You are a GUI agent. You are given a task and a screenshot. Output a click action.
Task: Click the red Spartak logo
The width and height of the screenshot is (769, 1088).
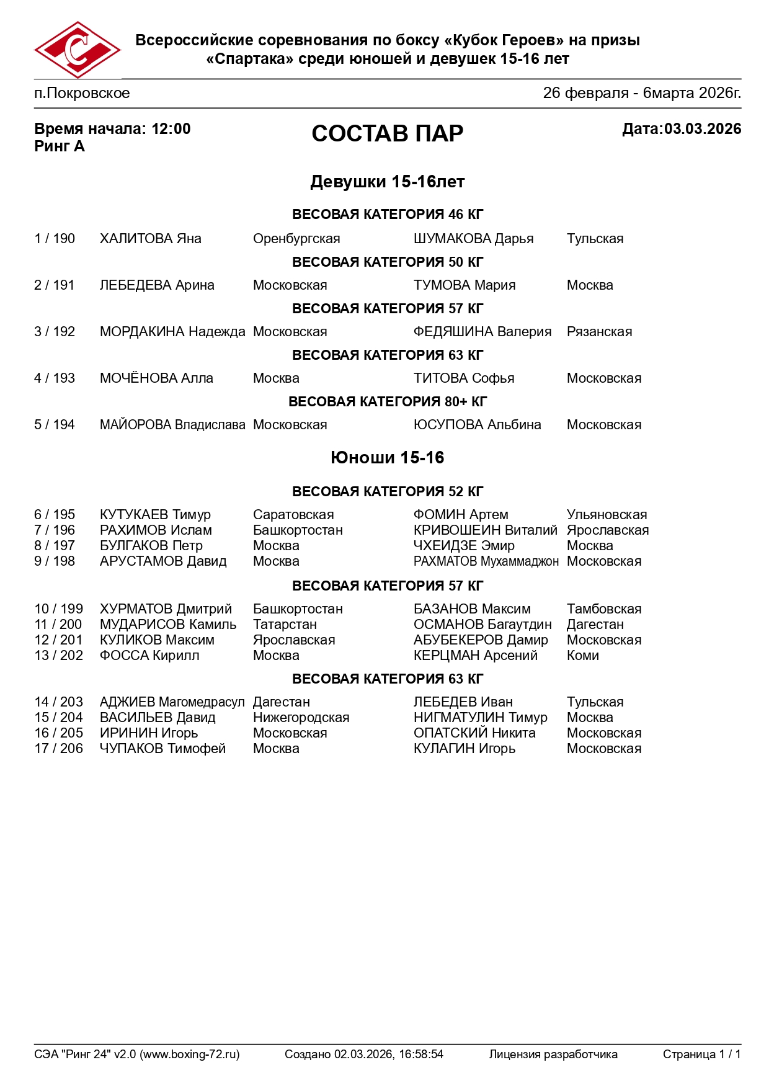point(77,50)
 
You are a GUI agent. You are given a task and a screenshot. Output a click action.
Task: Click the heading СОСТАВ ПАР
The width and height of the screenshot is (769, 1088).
point(387,133)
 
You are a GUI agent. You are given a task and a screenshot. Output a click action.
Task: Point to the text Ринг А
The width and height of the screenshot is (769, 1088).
point(60,146)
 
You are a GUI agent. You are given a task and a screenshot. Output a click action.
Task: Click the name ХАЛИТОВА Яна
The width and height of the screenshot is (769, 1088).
point(150,239)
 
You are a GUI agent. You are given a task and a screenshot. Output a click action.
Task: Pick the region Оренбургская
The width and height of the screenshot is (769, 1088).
point(296,239)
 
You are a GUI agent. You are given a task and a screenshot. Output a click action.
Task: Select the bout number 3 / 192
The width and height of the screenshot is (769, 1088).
point(55,332)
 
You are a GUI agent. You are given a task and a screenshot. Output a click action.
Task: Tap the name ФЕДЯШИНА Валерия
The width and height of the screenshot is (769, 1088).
point(482,332)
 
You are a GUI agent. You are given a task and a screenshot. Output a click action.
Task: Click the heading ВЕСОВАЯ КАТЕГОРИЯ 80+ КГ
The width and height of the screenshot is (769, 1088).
point(387,401)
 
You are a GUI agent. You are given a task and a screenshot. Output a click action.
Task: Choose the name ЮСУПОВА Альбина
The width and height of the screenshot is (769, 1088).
point(477,425)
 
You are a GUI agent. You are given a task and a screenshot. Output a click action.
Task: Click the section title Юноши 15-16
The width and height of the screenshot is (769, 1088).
point(387,458)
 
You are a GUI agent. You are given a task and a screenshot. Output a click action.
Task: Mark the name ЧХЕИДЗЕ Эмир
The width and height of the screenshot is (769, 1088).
point(464,546)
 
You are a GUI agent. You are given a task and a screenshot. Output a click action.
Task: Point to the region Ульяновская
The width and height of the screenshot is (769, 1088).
point(607,515)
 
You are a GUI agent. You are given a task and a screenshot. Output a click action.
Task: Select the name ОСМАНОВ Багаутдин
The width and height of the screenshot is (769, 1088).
point(482,625)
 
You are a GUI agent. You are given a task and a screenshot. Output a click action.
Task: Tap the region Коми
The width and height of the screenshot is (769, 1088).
point(582,656)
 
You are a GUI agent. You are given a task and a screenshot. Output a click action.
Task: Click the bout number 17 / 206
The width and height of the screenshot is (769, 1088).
point(58,749)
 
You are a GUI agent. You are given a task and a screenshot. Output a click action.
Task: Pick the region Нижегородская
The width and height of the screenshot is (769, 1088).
point(301,718)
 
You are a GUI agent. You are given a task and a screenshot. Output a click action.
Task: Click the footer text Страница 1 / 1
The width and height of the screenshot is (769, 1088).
point(701,1054)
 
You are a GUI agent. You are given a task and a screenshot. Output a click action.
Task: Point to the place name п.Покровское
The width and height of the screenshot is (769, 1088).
point(82,93)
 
